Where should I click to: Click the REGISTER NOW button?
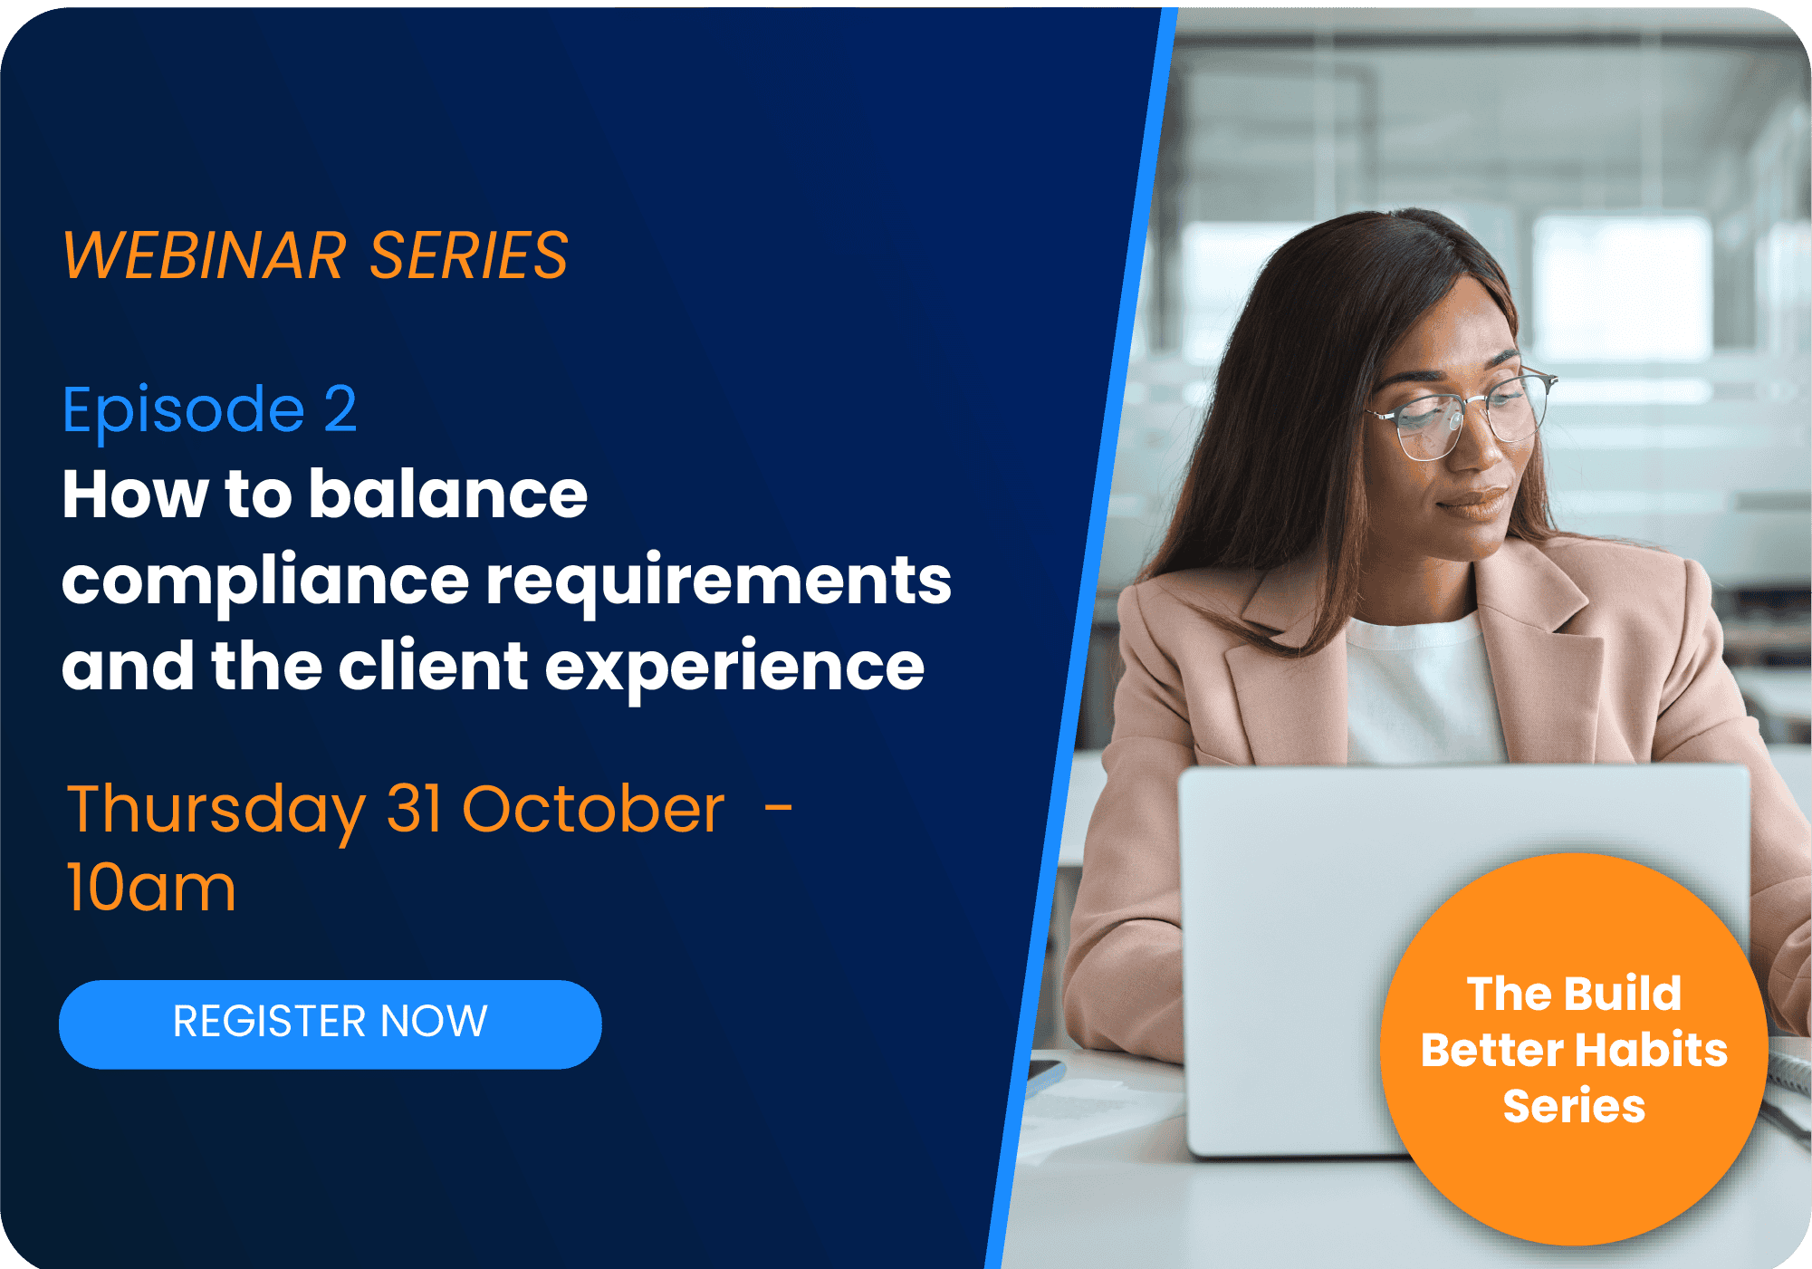pyautogui.click(x=331, y=1024)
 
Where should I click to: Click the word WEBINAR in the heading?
pyautogui.click(x=205, y=255)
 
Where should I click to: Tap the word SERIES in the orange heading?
pyautogui.click(x=469, y=255)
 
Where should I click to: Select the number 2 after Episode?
pyautogui.click(x=340, y=409)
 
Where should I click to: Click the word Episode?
pyautogui.click(x=184, y=412)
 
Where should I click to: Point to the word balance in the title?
pyautogui.click(x=448, y=495)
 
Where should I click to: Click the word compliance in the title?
pyautogui.click(x=265, y=583)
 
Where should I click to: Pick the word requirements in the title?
pyautogui.click(x=719, y=583)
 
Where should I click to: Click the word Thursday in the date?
pyautogui.click(x=216, y=812)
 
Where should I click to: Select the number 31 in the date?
pyautogui.click(x=414, y=808)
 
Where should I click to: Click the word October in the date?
pyautogui.click(x=593, y=808)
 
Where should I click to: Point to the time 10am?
pyautogui.click(x=151, y=888)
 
